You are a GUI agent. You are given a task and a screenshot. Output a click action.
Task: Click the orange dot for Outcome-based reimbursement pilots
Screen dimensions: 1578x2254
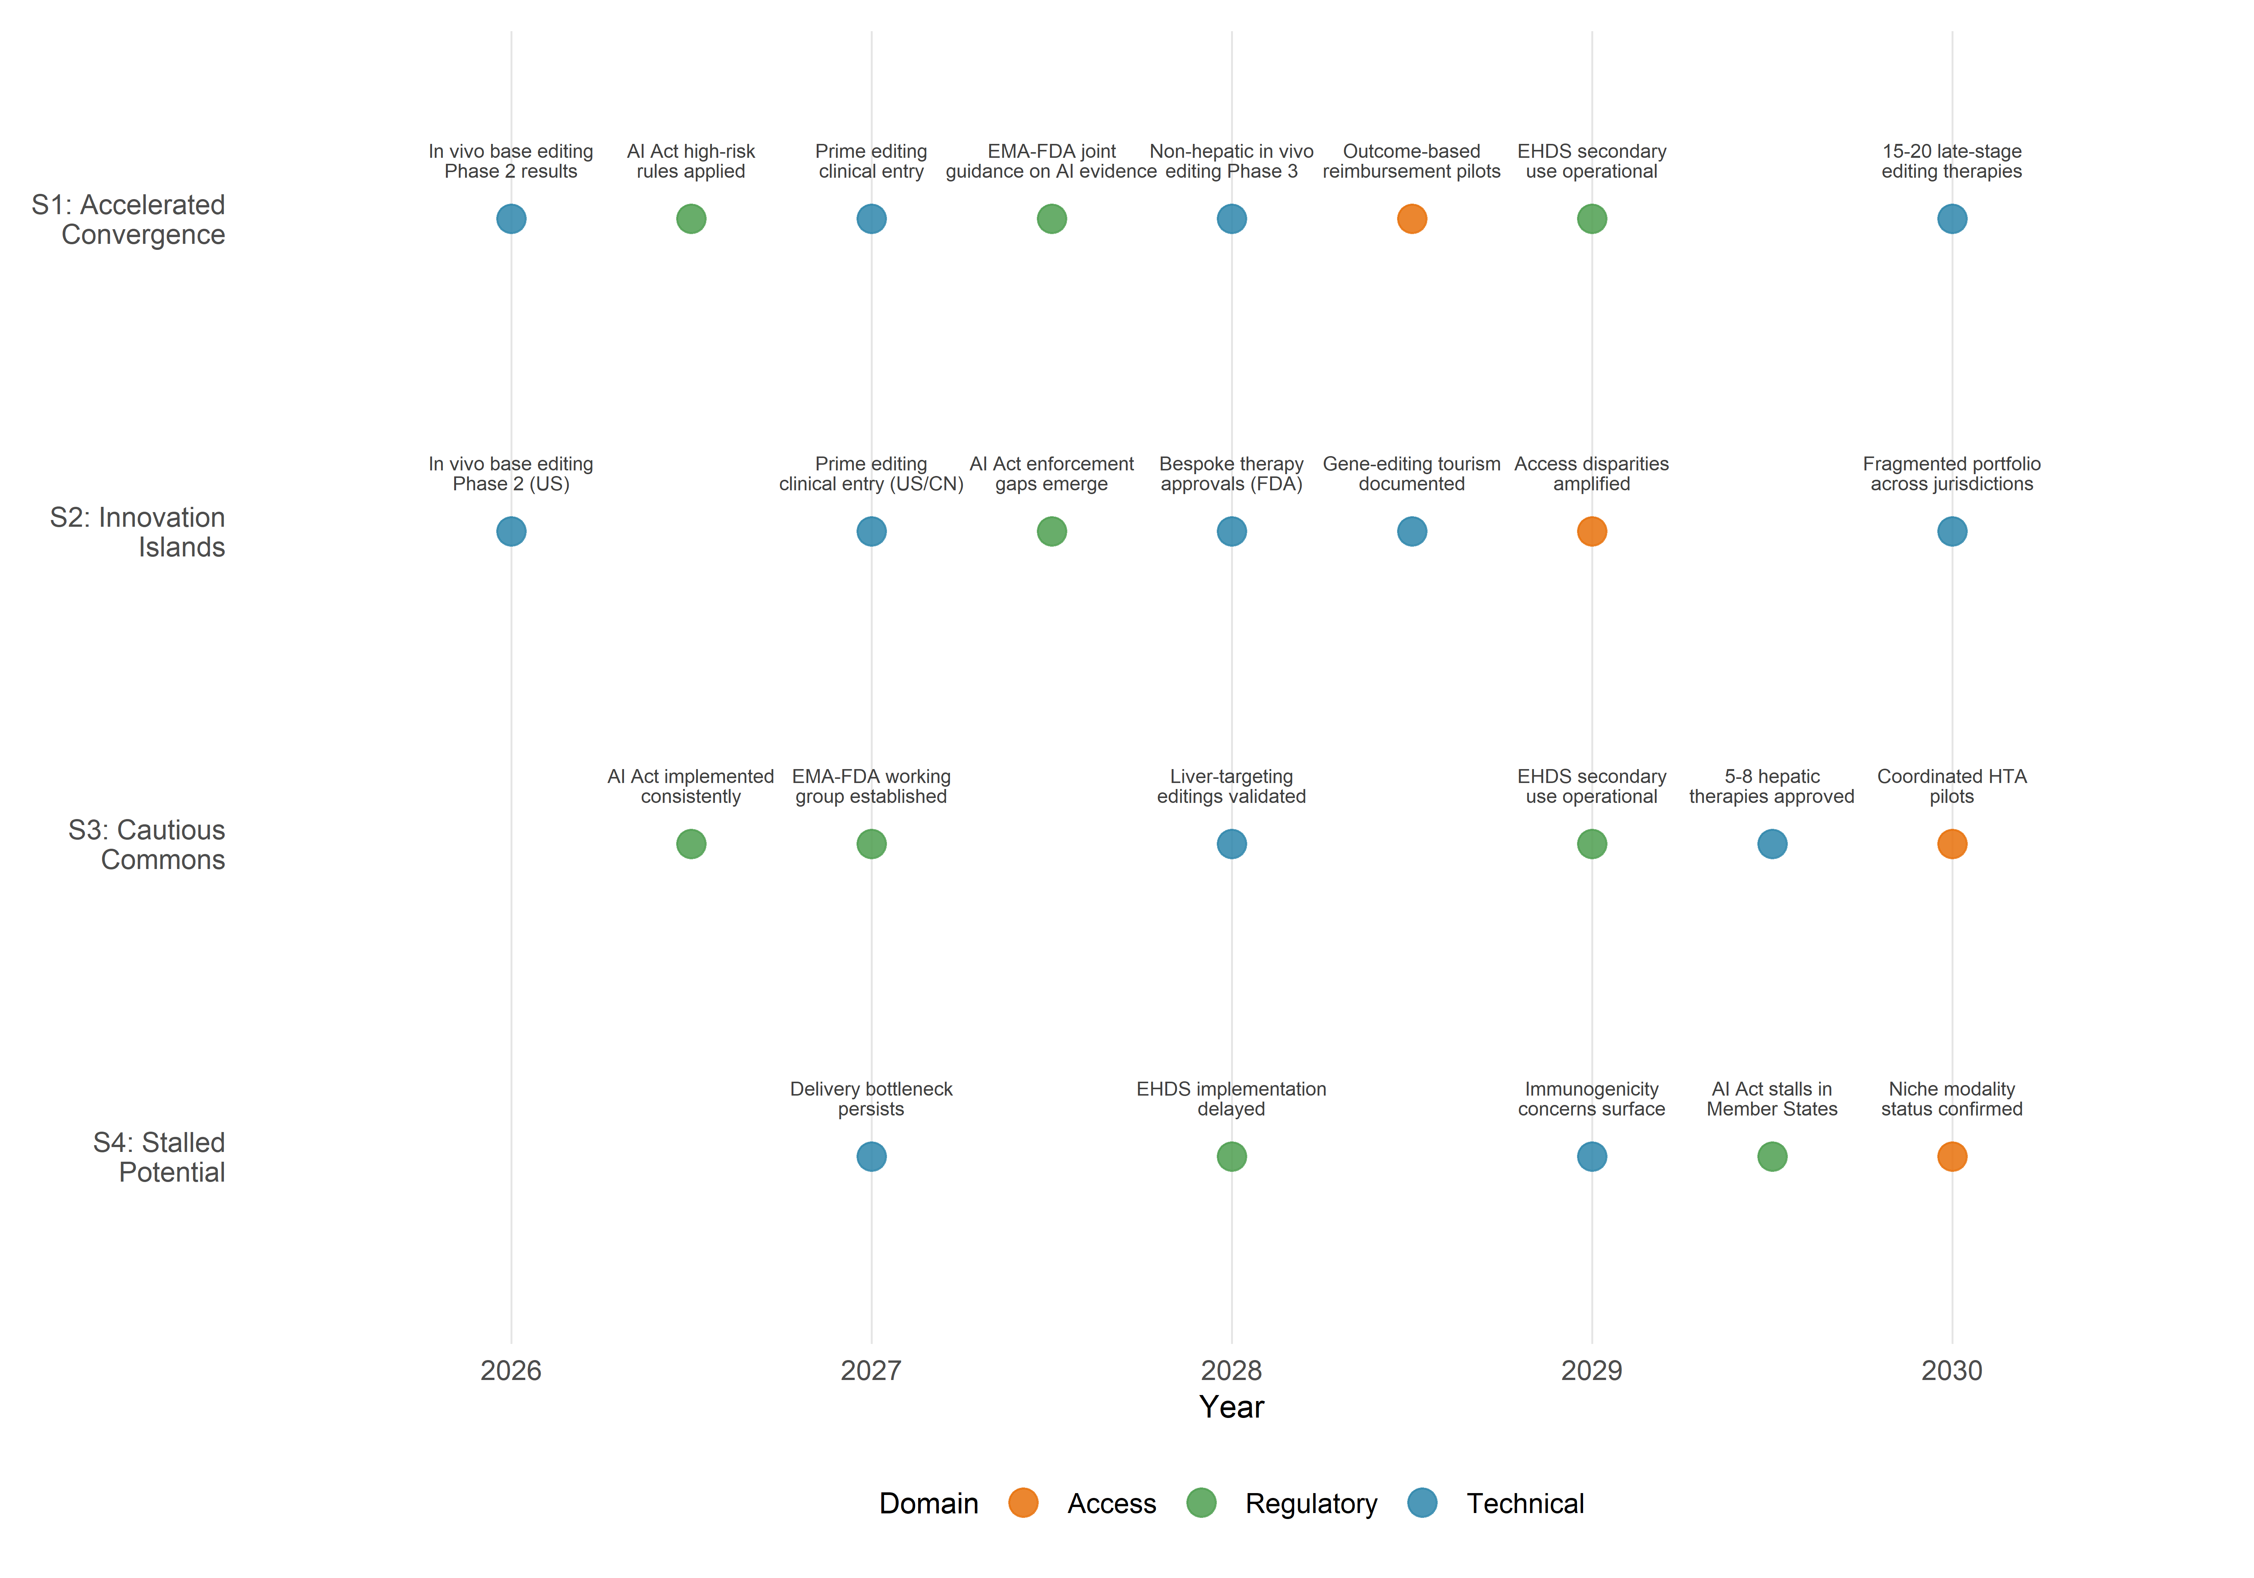tap(1412, 219)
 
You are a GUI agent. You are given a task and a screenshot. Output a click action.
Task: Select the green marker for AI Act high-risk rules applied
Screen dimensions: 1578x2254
tap(691, 219)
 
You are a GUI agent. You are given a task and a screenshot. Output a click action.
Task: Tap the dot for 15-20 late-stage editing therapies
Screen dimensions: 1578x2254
tap(1952, 219)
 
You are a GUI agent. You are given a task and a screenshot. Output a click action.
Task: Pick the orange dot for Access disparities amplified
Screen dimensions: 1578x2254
tap(1591, 531)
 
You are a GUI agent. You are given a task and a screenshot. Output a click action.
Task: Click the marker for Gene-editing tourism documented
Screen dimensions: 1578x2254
tap(1412, 531)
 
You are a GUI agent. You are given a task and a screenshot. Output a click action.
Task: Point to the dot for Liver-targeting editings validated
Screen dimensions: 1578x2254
tap(1231, 843)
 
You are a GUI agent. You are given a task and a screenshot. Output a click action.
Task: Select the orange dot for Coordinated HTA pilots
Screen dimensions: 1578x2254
tap(1952, 843)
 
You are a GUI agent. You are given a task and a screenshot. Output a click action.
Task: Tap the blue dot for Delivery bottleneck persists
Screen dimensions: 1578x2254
tap(871, 1157)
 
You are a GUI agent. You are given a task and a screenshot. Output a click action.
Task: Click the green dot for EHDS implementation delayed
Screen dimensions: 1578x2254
tap(1231, 1157)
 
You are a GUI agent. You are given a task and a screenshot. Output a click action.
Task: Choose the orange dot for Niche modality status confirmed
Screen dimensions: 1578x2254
tap(1952, 1157)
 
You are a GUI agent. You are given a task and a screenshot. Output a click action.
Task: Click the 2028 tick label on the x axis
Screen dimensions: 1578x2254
tap(1231, 1371)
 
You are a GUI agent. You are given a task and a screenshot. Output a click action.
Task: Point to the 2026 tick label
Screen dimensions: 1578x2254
tap(511, 1371)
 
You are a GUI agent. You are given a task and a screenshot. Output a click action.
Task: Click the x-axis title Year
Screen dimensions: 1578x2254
tap(1231, 1407)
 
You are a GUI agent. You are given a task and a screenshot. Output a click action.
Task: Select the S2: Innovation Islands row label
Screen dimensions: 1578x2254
tap(137, 532)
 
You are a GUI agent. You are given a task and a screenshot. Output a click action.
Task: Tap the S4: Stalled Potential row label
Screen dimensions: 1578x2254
tap(159, 1158)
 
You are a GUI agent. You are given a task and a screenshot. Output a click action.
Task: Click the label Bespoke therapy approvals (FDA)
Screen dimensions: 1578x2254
tap(1231, 474)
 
